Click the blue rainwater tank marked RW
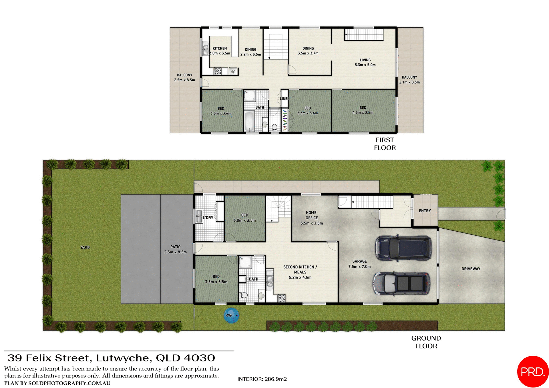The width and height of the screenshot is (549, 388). click(231, 315)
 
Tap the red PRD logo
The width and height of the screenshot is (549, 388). click(532, 371)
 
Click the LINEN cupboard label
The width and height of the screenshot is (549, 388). click(285, 99)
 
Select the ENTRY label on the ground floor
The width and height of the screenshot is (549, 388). click(425, 211)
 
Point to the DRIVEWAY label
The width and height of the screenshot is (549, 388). click(471, 269)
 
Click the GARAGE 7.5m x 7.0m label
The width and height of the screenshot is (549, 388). click(359, 264)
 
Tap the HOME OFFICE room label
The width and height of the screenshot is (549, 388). click(311, 218)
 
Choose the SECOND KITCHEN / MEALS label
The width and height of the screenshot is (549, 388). click(300, 272)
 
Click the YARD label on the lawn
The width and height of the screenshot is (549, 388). click(85, 247)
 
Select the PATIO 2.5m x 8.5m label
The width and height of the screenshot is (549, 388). click(175, 249)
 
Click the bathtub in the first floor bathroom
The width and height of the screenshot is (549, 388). click(249, 122)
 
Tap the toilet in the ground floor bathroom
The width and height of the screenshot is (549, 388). click(244, 295)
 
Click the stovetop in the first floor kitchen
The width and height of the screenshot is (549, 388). click(218, 71)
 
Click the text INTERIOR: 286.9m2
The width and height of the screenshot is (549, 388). click(262, 379)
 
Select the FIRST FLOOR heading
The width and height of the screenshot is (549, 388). click(385, 144)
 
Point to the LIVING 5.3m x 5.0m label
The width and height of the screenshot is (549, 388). click(365, 62)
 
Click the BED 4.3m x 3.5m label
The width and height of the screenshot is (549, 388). click(363, 110)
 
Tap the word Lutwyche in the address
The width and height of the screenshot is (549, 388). click(122, 358)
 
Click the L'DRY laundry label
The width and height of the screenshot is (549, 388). click(208, 218)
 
